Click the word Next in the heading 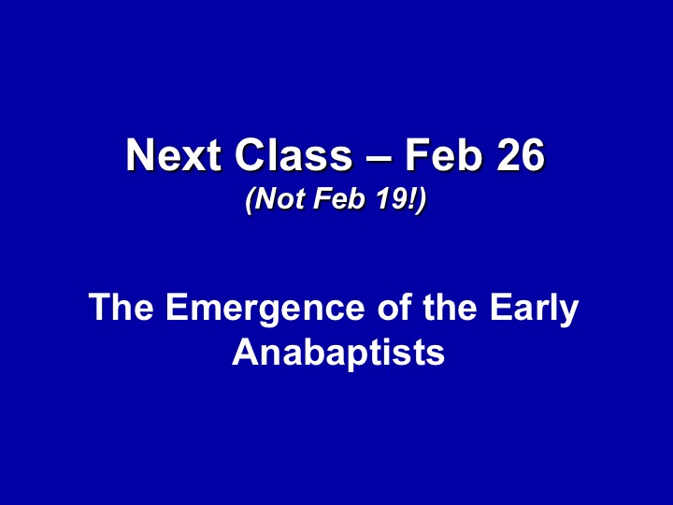coord(174,154)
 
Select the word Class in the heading coord(294,154)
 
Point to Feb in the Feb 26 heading coord(443,154)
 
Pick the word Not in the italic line coord(280,198)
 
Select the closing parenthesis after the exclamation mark coord(422,200)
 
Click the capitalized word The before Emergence coord(121,307)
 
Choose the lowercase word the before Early coord(450,307)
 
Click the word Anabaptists coord(338,353)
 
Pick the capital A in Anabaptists coord(246,352)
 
